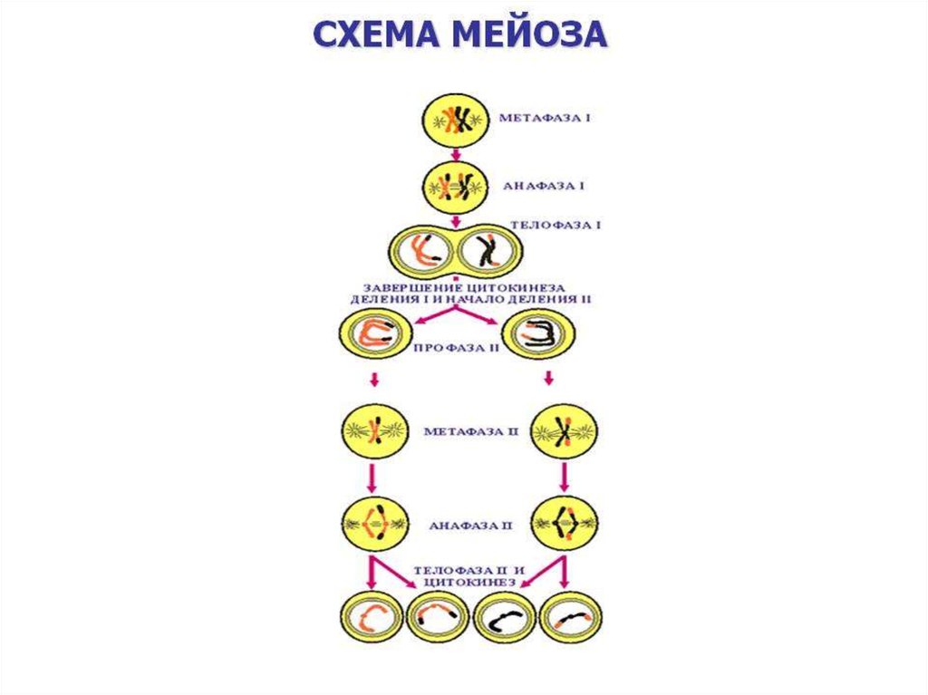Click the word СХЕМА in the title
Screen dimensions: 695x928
click(381, 33)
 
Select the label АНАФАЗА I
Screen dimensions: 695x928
click(541, 186)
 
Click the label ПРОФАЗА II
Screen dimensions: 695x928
click(456, 347)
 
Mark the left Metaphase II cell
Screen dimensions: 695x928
click(372, 431)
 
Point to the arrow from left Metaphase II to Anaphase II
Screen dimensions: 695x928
click(372, 476)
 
